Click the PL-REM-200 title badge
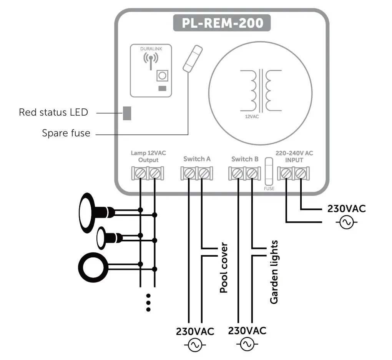tap(222, 23)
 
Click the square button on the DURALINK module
tap(162, 75)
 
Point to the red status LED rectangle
tap(127, 113)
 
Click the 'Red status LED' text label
tap(53, 113)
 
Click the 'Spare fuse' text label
tap(66, 133)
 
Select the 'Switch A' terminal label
tap(197, 159)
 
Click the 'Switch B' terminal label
tap(244, 159)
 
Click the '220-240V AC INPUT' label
tap(294, 156)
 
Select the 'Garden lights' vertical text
tap(274, 272)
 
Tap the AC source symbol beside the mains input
tap(346, 222)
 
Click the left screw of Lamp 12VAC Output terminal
tap(140, 174)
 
